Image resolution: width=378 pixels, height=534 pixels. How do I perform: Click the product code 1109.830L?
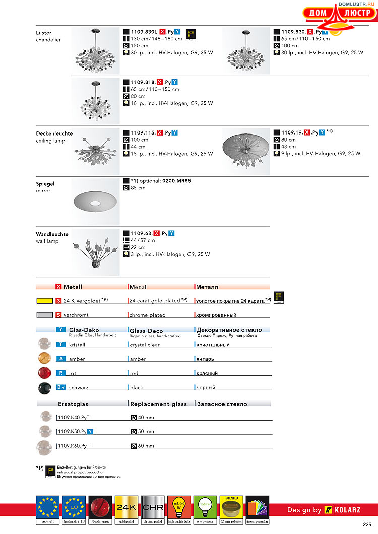[143, 31]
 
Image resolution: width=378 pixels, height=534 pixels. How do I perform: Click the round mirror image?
[95, 202]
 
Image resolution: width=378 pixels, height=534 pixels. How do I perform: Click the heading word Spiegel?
[44, 184]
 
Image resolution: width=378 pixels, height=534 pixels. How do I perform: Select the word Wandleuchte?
[52, 234]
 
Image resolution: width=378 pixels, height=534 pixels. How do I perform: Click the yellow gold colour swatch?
[44, 301]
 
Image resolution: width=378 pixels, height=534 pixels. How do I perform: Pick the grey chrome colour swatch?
[44, 315]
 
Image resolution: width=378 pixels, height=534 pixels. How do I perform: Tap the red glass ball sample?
[44, 373]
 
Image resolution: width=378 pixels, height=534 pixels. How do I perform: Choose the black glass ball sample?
[44, 387]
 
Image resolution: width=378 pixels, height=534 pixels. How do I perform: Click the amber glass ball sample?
[44, 358]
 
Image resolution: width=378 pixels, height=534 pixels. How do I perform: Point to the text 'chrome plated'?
[147, 315]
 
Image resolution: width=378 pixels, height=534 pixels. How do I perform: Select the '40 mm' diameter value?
[146, 417]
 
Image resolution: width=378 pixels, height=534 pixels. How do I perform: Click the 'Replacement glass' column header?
[158, 404]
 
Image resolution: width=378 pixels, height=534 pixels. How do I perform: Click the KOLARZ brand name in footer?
[348, 510]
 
